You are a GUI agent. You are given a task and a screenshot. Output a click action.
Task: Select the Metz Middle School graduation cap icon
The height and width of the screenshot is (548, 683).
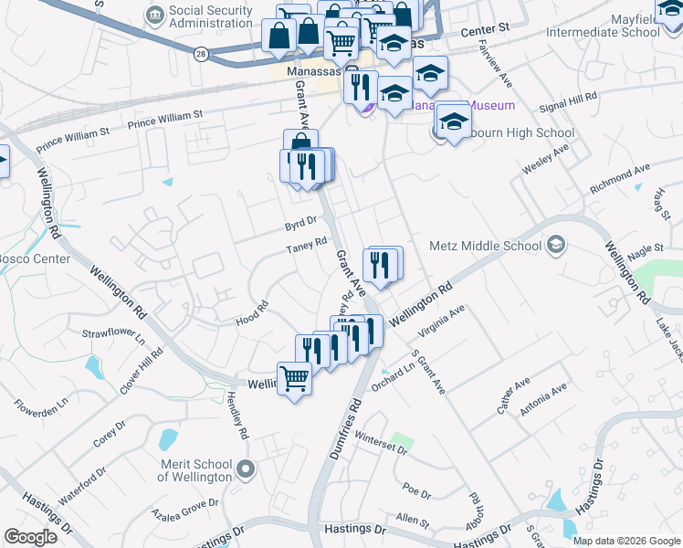tap(556, 245)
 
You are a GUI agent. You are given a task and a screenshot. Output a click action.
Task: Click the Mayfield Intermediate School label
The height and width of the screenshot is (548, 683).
tap(603, 25)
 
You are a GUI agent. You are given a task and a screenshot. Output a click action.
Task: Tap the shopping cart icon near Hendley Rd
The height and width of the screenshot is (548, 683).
tap(294, 376)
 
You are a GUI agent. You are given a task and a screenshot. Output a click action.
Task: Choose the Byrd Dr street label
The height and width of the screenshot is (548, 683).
tap(299, 221)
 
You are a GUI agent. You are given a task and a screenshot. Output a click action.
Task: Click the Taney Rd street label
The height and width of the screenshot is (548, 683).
tap(306, 245)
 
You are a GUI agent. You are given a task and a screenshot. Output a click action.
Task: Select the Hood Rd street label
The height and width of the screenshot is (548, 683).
tap(252, 312)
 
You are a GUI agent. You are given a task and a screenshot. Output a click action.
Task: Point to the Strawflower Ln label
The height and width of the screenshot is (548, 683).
tap(114, 337)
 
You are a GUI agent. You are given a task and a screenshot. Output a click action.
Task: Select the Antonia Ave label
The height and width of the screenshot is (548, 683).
tap(543, 400)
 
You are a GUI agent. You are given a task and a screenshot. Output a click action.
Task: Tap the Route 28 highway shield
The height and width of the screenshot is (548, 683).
tap(200, 55)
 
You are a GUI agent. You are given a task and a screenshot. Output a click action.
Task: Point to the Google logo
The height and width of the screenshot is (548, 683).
tap(30, 537)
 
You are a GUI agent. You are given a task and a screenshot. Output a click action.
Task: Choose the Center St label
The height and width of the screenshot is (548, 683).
tap(483, 31)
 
